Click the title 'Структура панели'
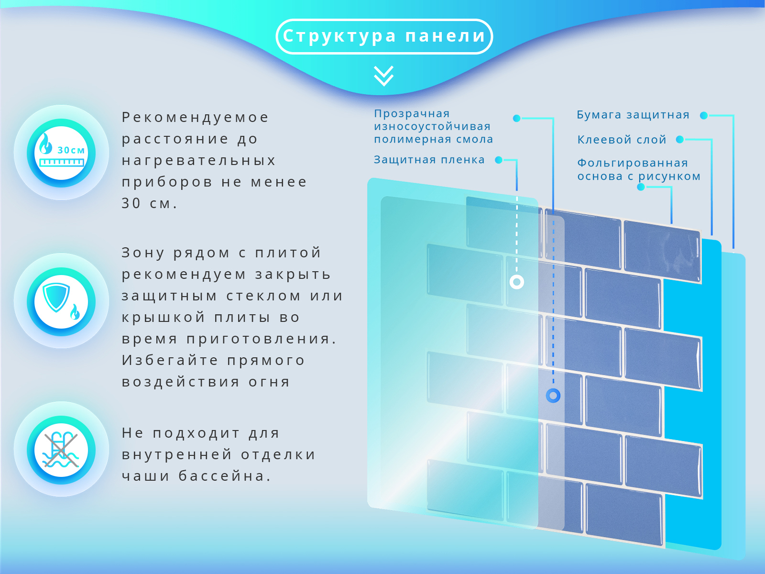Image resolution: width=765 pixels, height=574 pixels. click(384, 36)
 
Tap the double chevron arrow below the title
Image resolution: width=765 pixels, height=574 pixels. click(384, 76)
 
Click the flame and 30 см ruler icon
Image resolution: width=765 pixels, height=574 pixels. click(61, 153)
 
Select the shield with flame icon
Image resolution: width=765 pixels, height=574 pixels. click(61, 301)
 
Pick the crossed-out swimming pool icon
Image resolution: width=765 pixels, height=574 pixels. click(61, 450)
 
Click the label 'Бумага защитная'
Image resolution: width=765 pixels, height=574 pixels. click(633, 115)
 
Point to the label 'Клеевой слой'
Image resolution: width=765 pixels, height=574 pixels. click(622, 140)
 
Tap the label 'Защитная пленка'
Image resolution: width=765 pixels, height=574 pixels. click(429, 160)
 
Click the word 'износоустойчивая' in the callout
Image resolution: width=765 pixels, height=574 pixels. click(432, 126)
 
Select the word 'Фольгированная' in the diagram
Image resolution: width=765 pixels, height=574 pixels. click(633, 163)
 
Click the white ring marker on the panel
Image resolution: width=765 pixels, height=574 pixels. click(516, 282)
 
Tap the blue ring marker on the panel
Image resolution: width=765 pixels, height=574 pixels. click(553, 396)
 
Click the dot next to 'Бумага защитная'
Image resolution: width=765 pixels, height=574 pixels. click(704, 115)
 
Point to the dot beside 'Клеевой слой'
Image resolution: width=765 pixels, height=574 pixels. click(679, 139)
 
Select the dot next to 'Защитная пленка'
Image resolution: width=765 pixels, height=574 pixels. click(499, 160)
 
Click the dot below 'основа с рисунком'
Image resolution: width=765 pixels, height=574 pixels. click(641, 187)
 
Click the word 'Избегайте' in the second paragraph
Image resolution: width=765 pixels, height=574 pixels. click(170, 360)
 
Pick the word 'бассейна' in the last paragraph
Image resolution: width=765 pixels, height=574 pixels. click(225, 476)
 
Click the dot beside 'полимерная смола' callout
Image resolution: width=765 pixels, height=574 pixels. click(516, 119)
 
